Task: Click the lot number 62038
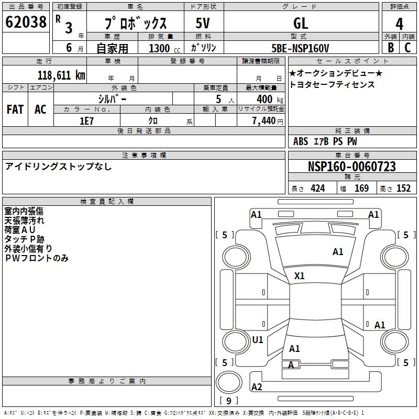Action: coord(26,22)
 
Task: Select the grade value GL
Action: coord(301,23)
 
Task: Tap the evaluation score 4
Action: coord(399,24)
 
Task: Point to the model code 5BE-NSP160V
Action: coord(301,48)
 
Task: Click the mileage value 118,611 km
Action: coord(61,75)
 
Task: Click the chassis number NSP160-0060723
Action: coord(352,167)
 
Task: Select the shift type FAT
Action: coord(15,109)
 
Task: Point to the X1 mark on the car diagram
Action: coord(300,275)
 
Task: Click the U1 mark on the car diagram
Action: coord(258,339)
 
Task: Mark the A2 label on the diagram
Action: coord(257,387)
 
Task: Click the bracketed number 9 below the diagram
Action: coord(229,401)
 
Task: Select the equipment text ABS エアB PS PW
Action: coord(325,141)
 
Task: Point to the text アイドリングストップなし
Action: coord(58,167)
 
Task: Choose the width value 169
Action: coord(361,189)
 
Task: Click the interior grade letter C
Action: coord(407,47)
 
